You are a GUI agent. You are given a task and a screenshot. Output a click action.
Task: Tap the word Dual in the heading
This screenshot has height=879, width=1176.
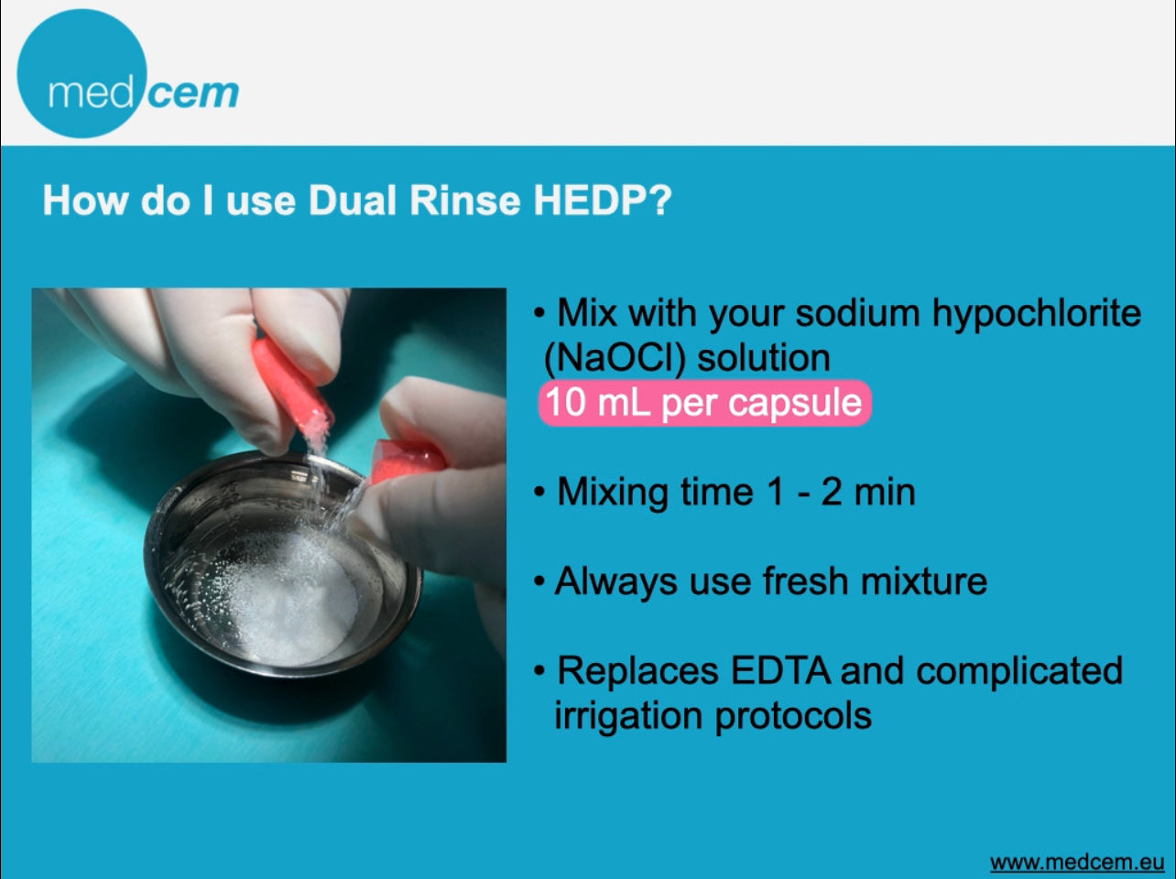click(353, 201)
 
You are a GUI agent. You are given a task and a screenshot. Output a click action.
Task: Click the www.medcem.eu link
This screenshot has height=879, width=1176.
click(1077, 863)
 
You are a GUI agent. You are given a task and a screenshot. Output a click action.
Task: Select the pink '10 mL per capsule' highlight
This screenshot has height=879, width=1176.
click(704, 403)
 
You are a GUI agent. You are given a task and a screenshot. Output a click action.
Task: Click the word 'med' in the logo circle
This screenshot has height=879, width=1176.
click(91, 94)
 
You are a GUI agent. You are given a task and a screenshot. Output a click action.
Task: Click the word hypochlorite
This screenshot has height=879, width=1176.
click(1037, 314)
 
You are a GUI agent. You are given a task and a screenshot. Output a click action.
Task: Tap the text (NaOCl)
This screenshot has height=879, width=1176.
click(615, 358)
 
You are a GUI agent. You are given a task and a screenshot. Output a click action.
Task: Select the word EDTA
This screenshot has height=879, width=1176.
click(780, 670)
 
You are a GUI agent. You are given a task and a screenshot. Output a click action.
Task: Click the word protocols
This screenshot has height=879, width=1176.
click(793, 717)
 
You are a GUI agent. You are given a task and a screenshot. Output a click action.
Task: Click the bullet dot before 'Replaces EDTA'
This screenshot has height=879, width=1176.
click(540, 671)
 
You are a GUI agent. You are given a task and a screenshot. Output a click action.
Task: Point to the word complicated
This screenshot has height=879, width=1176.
click(1019, 672)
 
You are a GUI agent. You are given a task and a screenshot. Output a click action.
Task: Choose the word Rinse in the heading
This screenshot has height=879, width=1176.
click(465, 201)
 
